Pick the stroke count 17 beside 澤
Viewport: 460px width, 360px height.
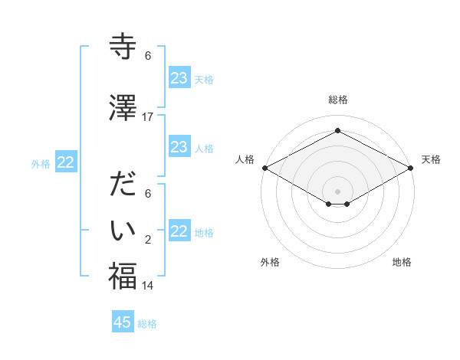tap(148, 117)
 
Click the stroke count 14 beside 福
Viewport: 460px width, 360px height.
tap(148, 286)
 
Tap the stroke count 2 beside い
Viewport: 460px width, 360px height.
tap(148, 240)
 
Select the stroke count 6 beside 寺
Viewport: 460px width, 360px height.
tap(148, 56)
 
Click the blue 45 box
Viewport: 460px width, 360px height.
tap(123, 322)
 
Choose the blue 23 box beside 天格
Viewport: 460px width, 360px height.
tap(179, 78)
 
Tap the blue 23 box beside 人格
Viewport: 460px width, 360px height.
tap(179, 147)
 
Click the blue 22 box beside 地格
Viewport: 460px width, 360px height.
tap(179, 231)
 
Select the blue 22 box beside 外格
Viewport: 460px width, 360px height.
tap(66, 162)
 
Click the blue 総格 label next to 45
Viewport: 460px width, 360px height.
tap(147, 324)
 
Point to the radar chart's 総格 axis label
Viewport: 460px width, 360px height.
tap(337, 100)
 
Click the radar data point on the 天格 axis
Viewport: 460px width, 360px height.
tap(411, 168)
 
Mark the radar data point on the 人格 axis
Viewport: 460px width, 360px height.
tap(264, 168)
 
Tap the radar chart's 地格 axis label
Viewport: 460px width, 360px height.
tap(402, 262)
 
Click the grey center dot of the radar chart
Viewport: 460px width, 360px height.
tap(337, 190)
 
